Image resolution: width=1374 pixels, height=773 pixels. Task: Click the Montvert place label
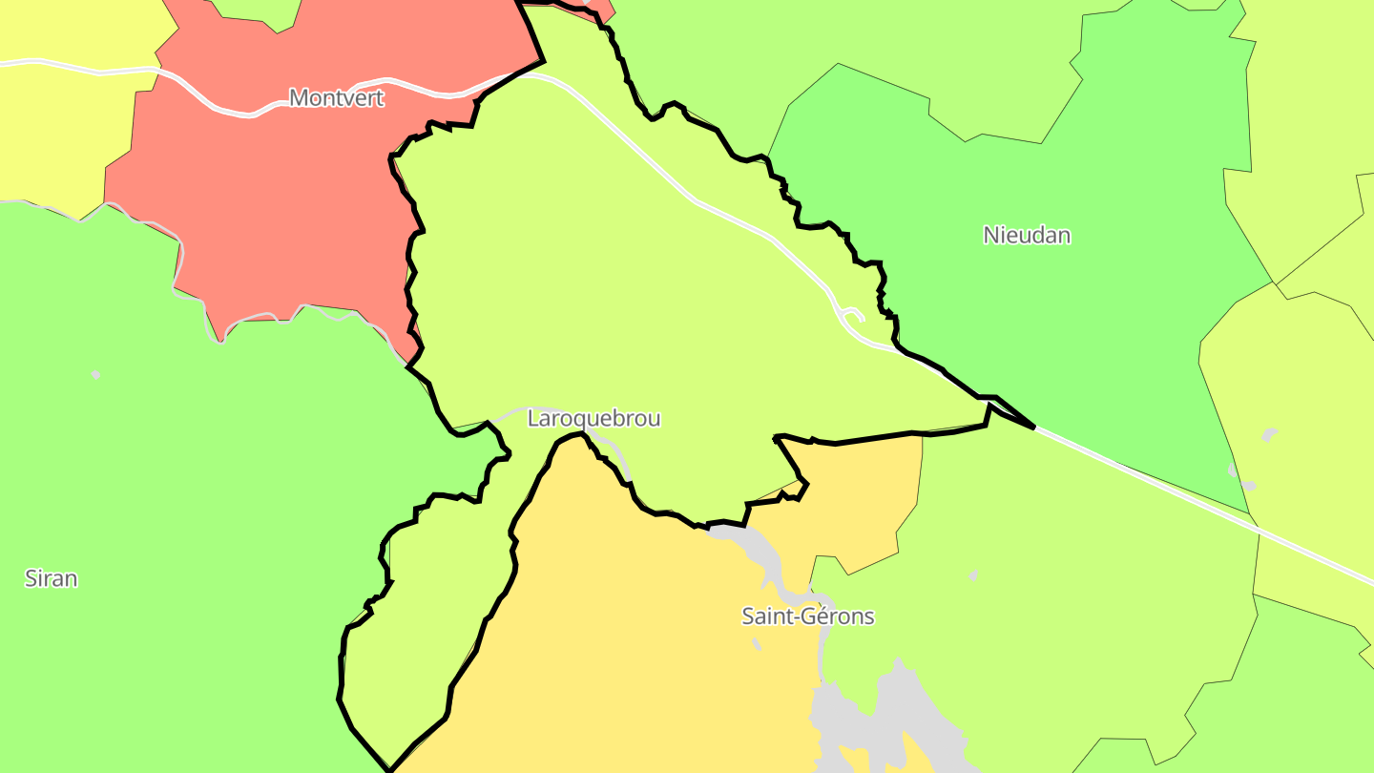pyautogui.click(x=336, y=97)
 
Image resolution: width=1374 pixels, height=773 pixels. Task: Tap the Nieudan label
pyautogui.click(x=1027, y=235)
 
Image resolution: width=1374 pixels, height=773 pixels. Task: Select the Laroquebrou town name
pyautogui.click(x=593, y=418)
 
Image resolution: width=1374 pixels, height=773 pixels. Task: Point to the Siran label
pyautogui.click(x=51, y=578)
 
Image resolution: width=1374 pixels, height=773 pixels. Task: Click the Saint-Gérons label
pyautogui.click(x=807, y=616)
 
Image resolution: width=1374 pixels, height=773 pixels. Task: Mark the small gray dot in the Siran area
pyautogui.click(x=96, y=374)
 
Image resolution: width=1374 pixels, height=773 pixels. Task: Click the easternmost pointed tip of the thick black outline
pyautogui.click(x=1034, y=428)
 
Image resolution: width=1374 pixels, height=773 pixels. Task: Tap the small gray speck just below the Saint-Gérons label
pyautogui.click(x=757, y=644)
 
